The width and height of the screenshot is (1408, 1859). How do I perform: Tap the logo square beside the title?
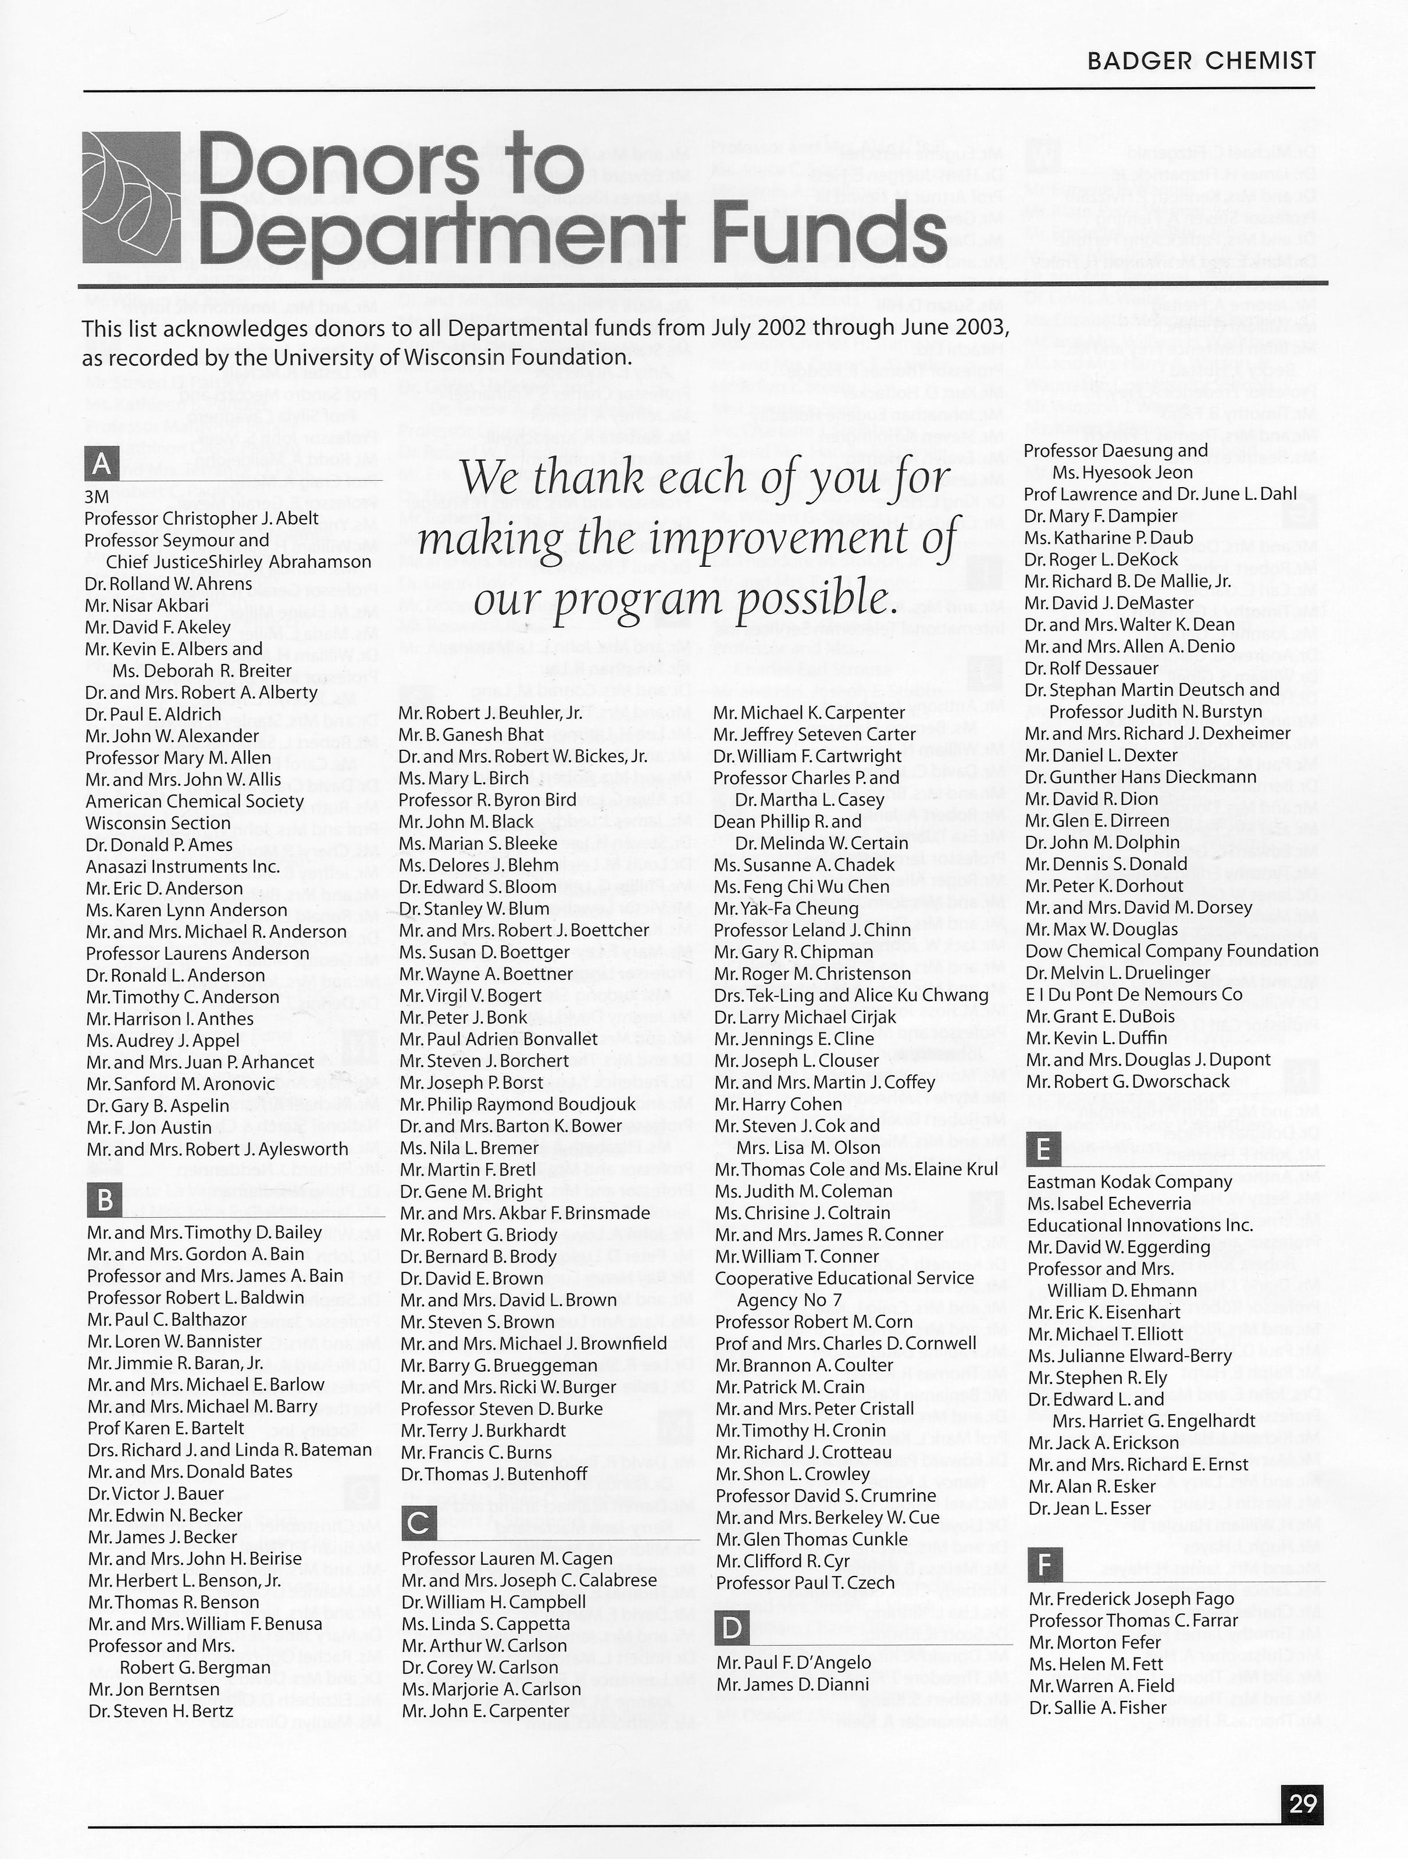point(131,198)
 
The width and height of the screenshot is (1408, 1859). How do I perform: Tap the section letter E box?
point(1044,1149)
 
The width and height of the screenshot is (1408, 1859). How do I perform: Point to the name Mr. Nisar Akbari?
point(147,605)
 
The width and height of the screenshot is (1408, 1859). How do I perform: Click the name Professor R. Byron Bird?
point(487,799)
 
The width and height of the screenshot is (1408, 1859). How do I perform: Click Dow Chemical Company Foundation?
point(1172,952)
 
